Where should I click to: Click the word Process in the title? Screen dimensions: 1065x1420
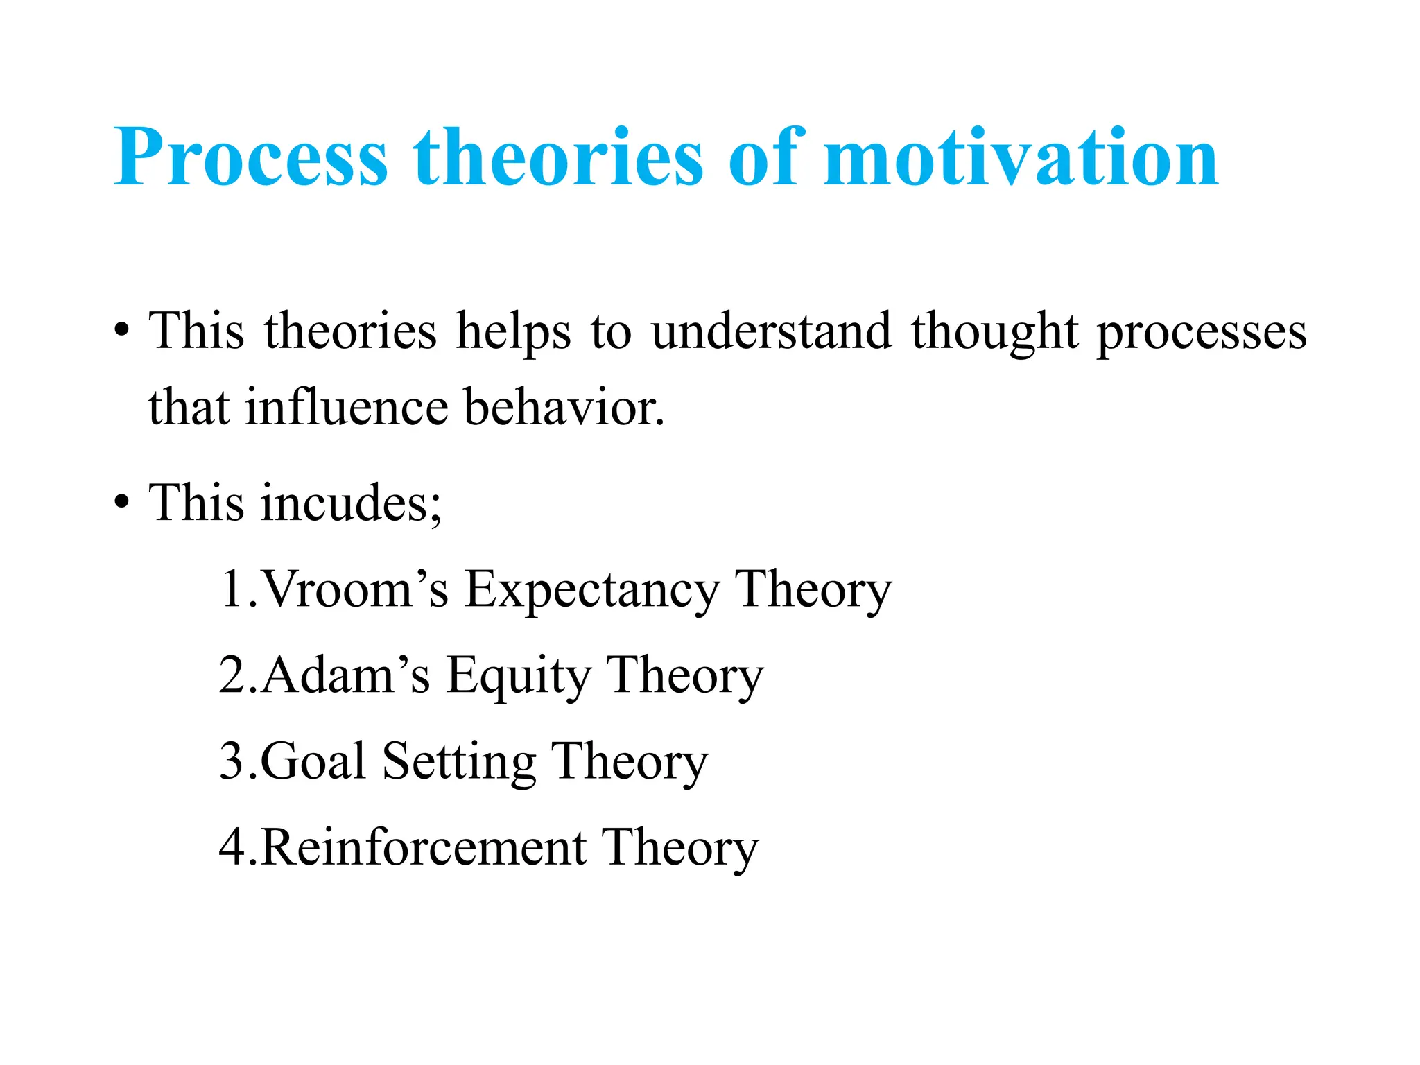(250, 158)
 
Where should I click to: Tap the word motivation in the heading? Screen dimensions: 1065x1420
(1021, 158)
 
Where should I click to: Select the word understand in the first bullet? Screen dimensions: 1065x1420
(771, 331)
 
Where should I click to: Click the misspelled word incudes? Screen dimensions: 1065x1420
(351, 503)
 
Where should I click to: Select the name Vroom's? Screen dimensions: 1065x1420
(356, 589)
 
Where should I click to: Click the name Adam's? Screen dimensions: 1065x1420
(345, 675)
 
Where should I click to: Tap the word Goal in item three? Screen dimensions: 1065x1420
(313, 761)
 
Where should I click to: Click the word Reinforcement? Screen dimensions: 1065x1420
(424, 847)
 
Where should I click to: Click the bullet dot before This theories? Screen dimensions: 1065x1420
(122, 331)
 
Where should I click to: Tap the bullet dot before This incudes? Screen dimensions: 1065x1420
(122, 503)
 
